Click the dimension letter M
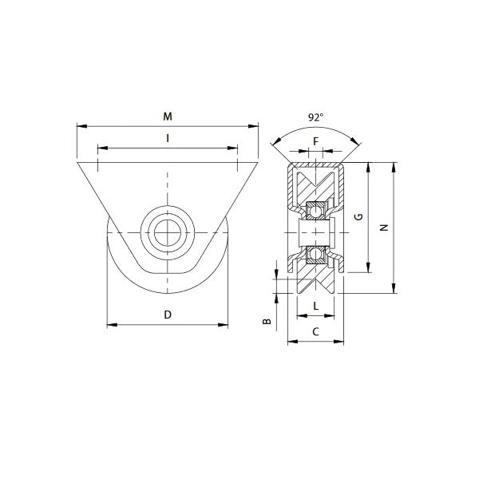(x=168, y=117)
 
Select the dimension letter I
(x=168, y=139)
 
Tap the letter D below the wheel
(x=168, y=315)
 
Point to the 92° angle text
(x=316, y=117)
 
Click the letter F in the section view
(x=316, y=142)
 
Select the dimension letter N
(x=384, y=228)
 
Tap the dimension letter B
(x=267, y=322)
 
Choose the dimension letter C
(x=316, y=331)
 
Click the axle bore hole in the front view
(x=168, y=232)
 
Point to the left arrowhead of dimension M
(x=79, y=125)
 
